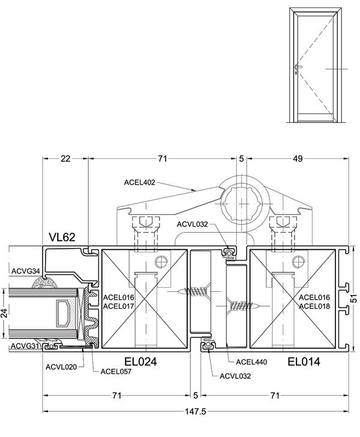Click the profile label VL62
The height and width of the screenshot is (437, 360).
click(x=62, y=237)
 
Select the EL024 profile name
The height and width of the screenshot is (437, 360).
click(x=140, y=361)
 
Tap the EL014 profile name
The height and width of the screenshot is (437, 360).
click(x=304, y=361)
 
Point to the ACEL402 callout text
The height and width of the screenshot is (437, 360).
click(x=139, y=183)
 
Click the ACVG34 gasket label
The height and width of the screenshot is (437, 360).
click(x=26, y=270)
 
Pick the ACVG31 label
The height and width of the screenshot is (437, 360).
click(x=25, y=346)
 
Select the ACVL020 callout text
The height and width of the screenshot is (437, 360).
click(x=61, y=367)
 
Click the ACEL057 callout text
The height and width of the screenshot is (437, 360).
click(x=116, y=371)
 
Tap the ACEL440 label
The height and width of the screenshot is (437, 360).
click(x=251, y=362)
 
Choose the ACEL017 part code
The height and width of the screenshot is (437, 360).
click(x=119, y=306)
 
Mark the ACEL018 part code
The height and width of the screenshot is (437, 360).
click(x=314, y=306)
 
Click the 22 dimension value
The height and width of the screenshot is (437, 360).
click(x=65, y=159)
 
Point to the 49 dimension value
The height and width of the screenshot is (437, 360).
click(x=298, y=159)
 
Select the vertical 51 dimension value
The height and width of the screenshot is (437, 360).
click(x=354, y=299)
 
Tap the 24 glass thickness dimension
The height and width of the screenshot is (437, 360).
click(x=4, y=314)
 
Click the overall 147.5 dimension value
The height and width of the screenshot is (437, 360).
click(x=195, y=411)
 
